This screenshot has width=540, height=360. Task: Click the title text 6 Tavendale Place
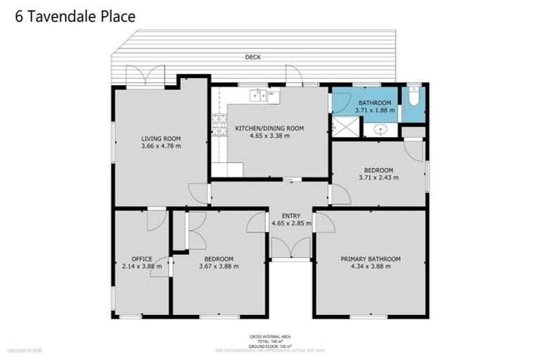coord(75,16)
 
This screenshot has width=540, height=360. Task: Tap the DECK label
coord(253,57)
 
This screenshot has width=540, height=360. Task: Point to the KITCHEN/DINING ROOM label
coord(269,128)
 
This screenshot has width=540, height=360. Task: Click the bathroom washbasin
coord(381,129)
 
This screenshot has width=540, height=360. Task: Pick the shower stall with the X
coord(345,127)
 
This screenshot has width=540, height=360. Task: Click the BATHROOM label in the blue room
coord(374,103)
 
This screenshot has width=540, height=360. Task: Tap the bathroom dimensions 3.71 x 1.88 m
coord(375,110)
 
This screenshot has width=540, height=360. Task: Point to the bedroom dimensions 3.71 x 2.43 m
coord(378,177)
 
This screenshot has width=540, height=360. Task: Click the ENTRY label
coord(291,216)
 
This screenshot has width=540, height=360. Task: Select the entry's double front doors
coord(291,248)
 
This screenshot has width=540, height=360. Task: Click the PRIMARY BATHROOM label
coord(371,259)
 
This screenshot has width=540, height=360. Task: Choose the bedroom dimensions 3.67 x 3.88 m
coord(219,266)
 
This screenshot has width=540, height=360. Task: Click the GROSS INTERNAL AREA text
coord(269,337)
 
